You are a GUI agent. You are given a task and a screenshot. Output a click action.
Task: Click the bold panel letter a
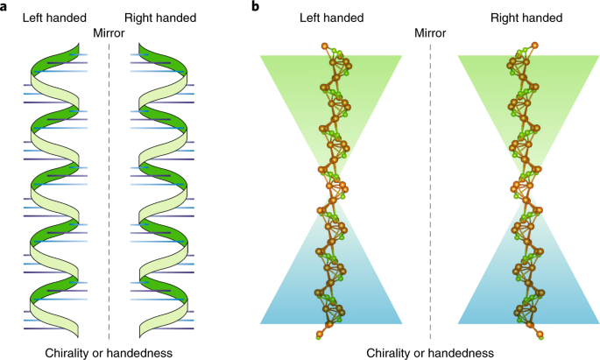pyautogui.click(x=4, y=6)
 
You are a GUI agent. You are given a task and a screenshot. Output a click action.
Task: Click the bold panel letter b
pyautogui.click(x=255, y=6)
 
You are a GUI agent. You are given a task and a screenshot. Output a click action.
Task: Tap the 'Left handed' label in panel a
pyautogui.click(x=54, y=18)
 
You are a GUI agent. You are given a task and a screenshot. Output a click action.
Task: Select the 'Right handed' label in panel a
pyautogui.click(x=160, y=18)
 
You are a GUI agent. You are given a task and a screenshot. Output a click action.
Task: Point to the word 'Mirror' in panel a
pyautogui.click(x=109, y=33)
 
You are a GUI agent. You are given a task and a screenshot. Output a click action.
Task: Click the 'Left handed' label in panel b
pyautogui.click(x=331, y=18)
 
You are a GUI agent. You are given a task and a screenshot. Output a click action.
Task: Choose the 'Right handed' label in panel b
pyautogui.click(x=526, y=18)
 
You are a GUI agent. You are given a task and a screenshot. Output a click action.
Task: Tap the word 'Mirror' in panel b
pyautogui.click(x=430, y=33)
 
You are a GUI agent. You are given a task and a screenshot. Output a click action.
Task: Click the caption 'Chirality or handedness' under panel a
pyautogui.click(x=109, y=353)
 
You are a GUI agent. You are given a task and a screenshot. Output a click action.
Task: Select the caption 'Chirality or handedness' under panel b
pyautogui.click(x=430, y=353)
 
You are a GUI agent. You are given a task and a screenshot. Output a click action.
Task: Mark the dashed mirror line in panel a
pyautogui.click(x=109, y=191)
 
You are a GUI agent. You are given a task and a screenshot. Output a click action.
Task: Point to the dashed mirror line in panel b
pyautogui.click(x=430, y=191)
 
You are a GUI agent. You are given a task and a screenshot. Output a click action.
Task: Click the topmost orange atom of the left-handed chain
pyautogui.click(x=325, y=46)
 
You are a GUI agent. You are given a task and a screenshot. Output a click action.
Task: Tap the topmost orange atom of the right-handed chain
pyautogui.click(x=534, y=46)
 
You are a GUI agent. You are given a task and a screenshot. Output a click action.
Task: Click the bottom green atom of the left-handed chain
pyautogui.click(x=318, y=336)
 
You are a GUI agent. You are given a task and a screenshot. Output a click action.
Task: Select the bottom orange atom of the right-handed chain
pyautogui.click(x=540, y=335)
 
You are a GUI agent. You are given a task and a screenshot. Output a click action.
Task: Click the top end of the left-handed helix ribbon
pyautogui.click(x=78, y=45)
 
